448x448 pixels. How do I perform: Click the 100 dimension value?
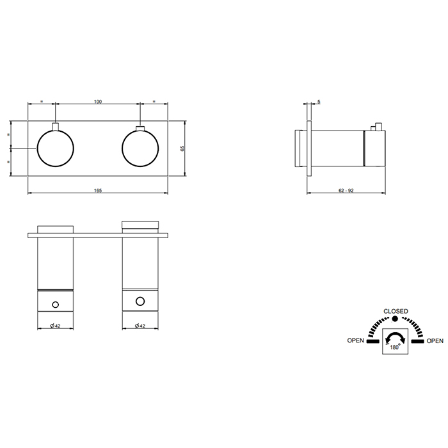pyautogui.click(x=98, y=101)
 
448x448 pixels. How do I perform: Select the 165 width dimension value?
pyautogui.click(x=98, y=190)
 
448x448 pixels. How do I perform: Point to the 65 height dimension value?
pyautogui.click(x=182, y=148)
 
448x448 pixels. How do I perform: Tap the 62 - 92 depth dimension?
pyautogui.click(x=346, y=190)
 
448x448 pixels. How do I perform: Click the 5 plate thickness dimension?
pyautogui.click(x=319, y=101)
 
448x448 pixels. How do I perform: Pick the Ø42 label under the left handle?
pyautogui.click(x=55, y=326)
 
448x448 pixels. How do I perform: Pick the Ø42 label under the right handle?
pyautogui.click(x=140, y=326)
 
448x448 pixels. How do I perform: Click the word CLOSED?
pyautogui.click(x=396, y=311)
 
